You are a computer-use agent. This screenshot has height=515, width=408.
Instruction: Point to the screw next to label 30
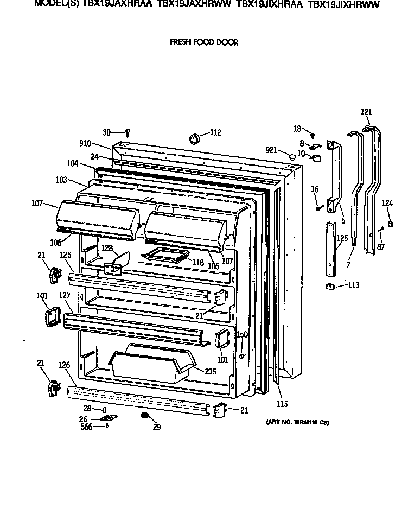(127, 132)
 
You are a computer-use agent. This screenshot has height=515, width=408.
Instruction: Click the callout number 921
(272, 150)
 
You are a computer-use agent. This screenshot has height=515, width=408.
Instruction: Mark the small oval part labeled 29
(144, 415)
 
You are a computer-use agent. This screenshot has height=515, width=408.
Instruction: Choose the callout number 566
(86, 427)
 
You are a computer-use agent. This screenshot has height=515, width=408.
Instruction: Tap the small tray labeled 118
(164, 254)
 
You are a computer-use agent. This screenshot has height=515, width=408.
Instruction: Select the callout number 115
(282, 404)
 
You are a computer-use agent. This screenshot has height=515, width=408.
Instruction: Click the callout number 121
(367, 112)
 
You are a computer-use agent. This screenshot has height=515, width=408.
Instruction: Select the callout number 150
(242, 335)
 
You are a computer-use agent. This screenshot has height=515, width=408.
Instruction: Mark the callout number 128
(108, 247)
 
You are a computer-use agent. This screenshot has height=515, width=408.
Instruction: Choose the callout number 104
(73, 163)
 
